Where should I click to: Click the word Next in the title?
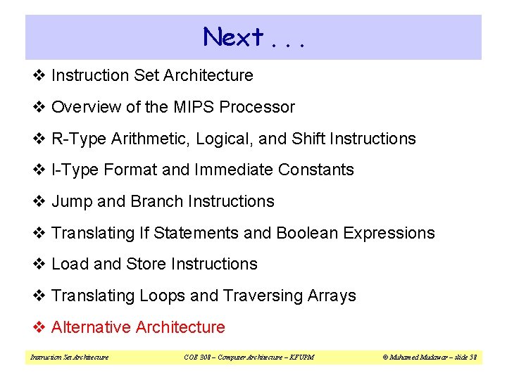pos(233,37)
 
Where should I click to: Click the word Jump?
pos(72,201)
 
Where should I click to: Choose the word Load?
pos(70,264)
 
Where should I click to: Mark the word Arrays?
pos(331,296)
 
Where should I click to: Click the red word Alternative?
pos(92,327)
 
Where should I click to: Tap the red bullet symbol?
pos(39,327)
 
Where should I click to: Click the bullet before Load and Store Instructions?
pos(39,264)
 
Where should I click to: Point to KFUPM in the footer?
pos(301,357)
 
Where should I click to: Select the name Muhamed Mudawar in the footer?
pos(416,357)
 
